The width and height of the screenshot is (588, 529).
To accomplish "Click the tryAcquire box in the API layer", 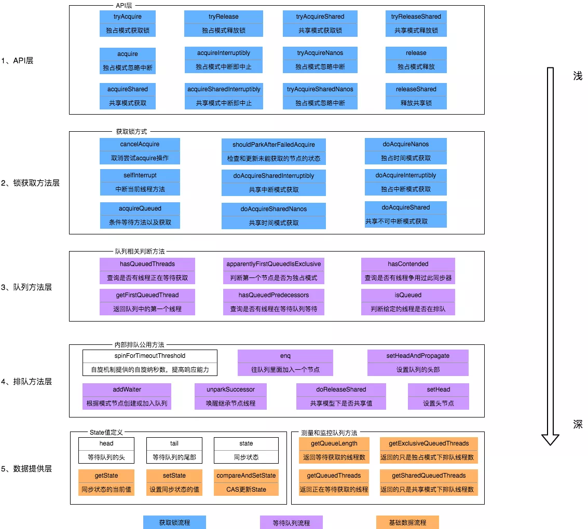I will pos(127,23).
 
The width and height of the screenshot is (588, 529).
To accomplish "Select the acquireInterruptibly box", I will pos(224,60).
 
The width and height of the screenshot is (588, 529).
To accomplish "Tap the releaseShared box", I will pos(416,96).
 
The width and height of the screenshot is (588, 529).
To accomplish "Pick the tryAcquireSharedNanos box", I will pos(320,96).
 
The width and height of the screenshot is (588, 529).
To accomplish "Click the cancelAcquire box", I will pos(140,151).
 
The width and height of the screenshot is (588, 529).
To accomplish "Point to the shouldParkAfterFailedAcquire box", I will pos(274,151).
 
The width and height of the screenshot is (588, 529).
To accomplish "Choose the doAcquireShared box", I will pos(405,214).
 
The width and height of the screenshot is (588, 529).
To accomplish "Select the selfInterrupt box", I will pos(140,183).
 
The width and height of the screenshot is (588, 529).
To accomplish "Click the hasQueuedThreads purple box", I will pos(147,271).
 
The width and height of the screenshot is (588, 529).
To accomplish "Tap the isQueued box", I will pos(408,302).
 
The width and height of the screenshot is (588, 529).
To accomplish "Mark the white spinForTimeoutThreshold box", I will pos(149,363).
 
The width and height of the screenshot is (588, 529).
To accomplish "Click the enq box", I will pos(285,363).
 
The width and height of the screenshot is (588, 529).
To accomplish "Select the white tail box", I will pos(174,450).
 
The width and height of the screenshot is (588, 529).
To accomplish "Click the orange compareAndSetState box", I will pos(246,482).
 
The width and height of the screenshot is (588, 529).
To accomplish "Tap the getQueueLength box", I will pos(334,450).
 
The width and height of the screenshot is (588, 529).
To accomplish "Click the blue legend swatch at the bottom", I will pos(174,522).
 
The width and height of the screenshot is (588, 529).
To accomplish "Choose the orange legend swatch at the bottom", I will pos(407,522).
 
